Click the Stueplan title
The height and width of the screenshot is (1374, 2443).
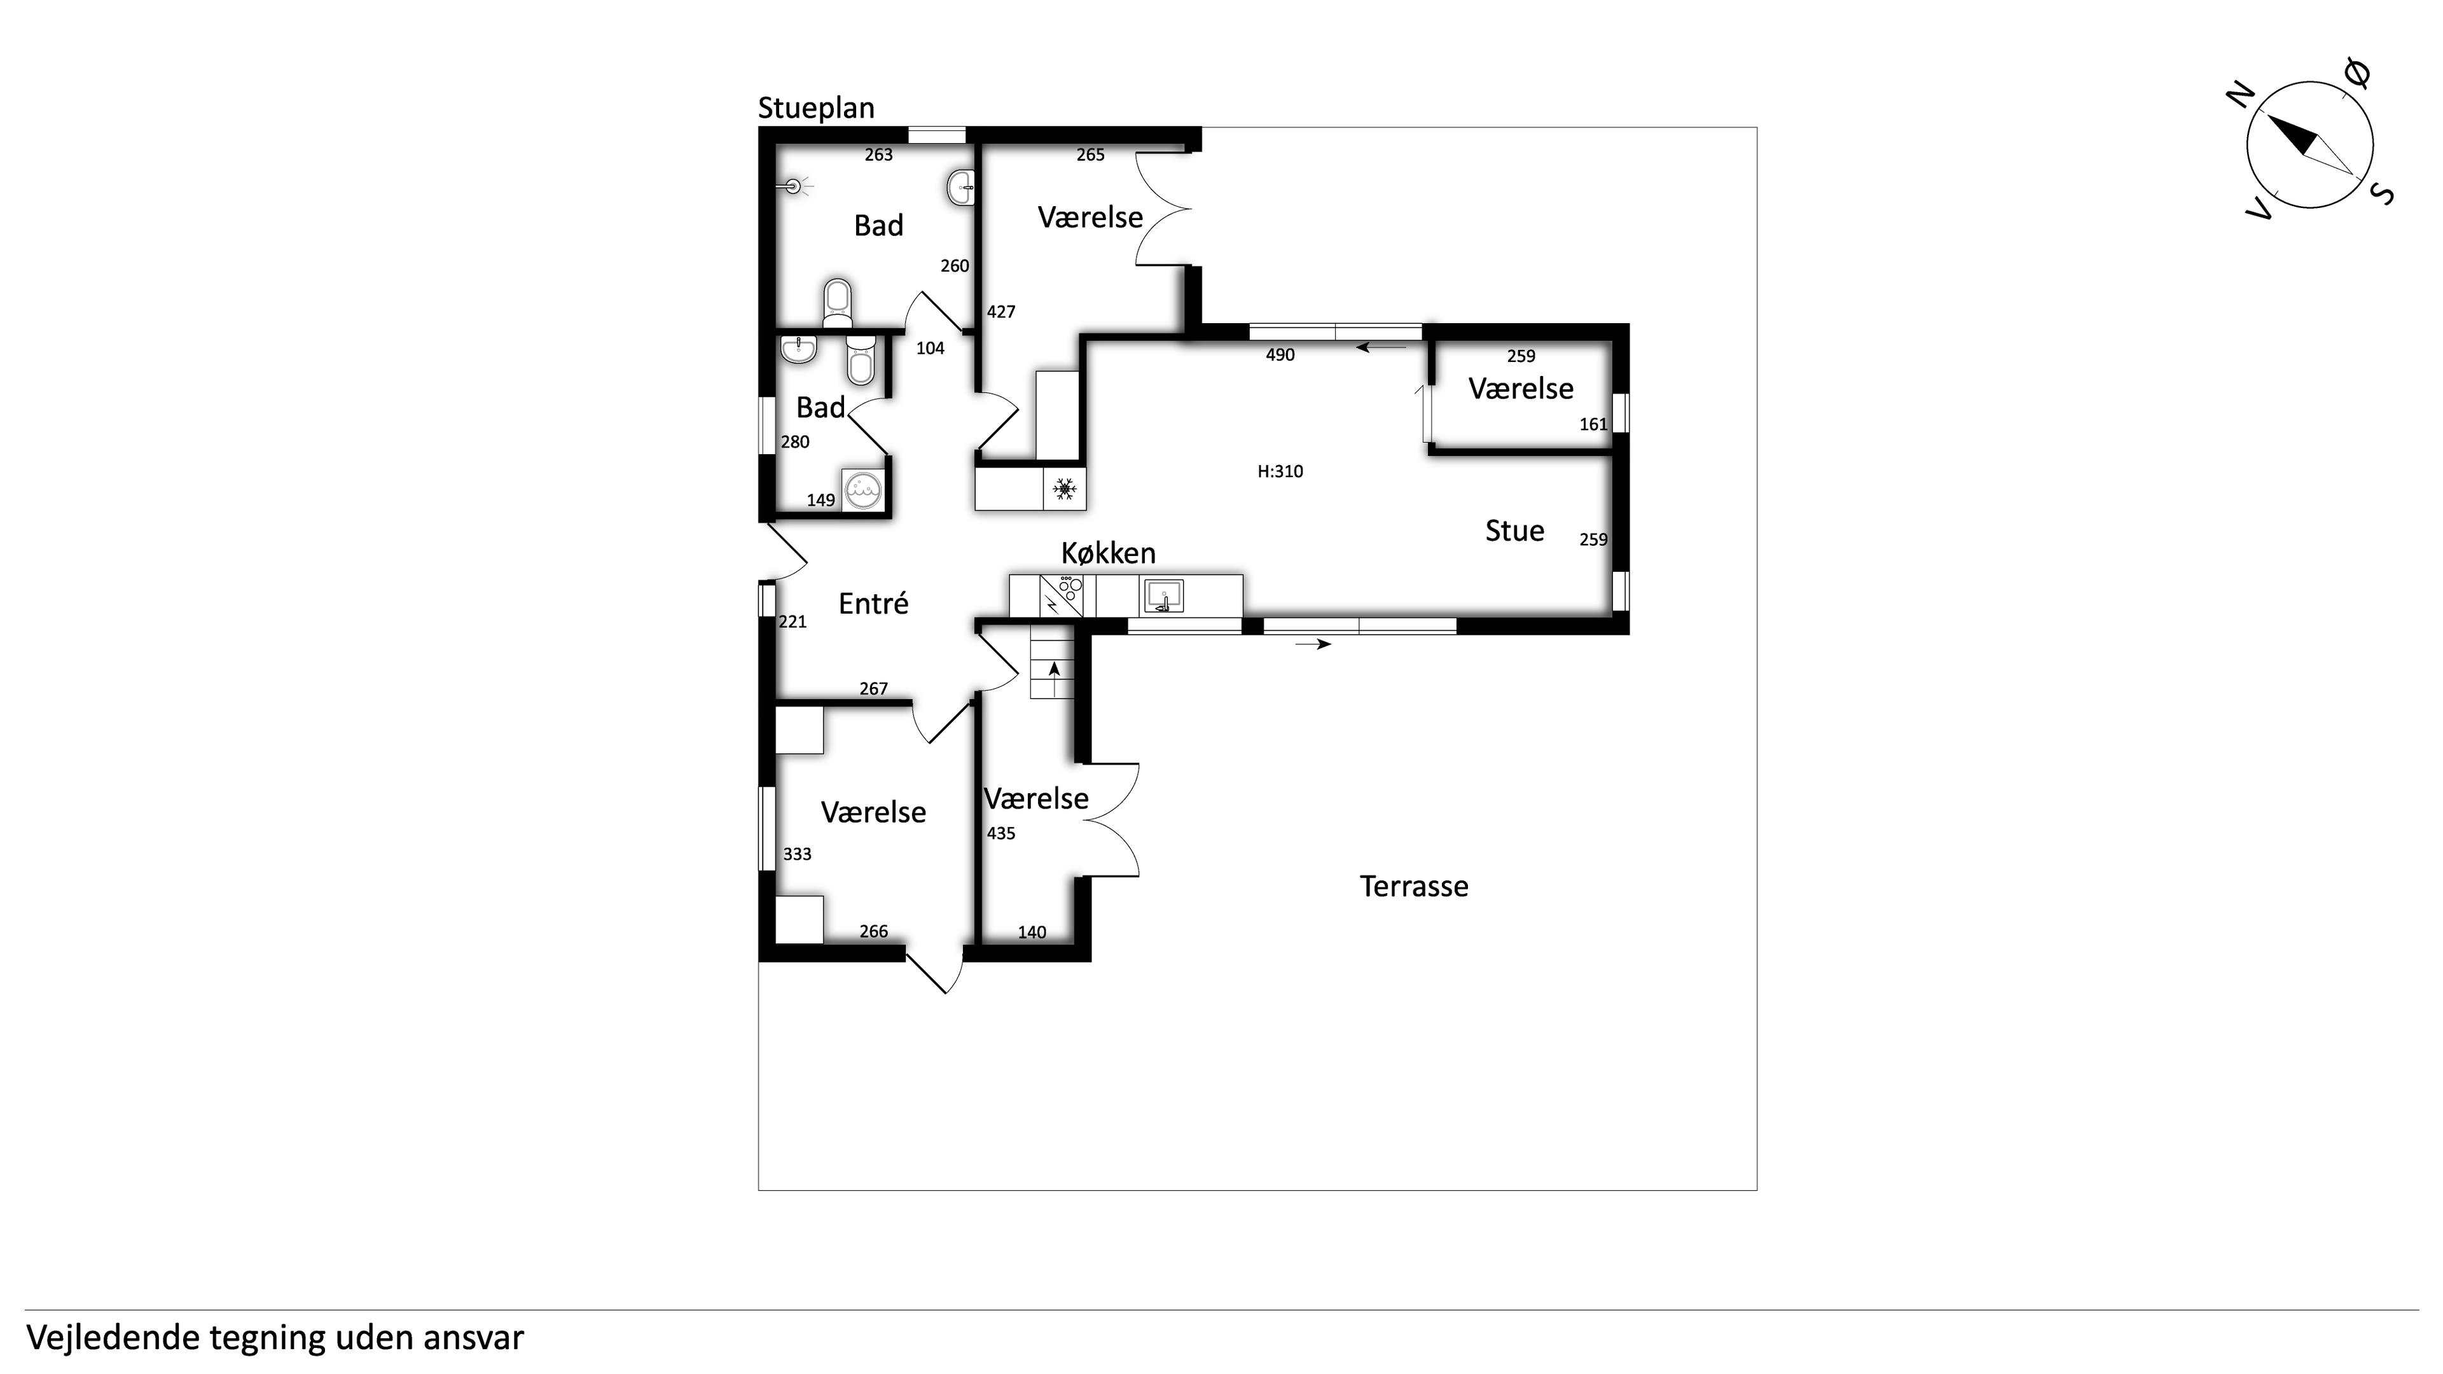(815, 109)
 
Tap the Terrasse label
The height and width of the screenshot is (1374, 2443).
(1414, 887)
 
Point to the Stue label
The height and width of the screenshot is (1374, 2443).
(1514, 531)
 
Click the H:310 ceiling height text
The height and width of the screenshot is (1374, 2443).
(1280, 471)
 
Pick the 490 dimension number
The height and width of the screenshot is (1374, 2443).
(1280, 356)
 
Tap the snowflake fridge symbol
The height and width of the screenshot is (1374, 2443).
(1064, 489)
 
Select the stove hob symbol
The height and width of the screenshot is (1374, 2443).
(1069, 586)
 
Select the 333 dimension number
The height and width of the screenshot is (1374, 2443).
(796, 854)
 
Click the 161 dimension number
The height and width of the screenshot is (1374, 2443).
(1593, 425)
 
